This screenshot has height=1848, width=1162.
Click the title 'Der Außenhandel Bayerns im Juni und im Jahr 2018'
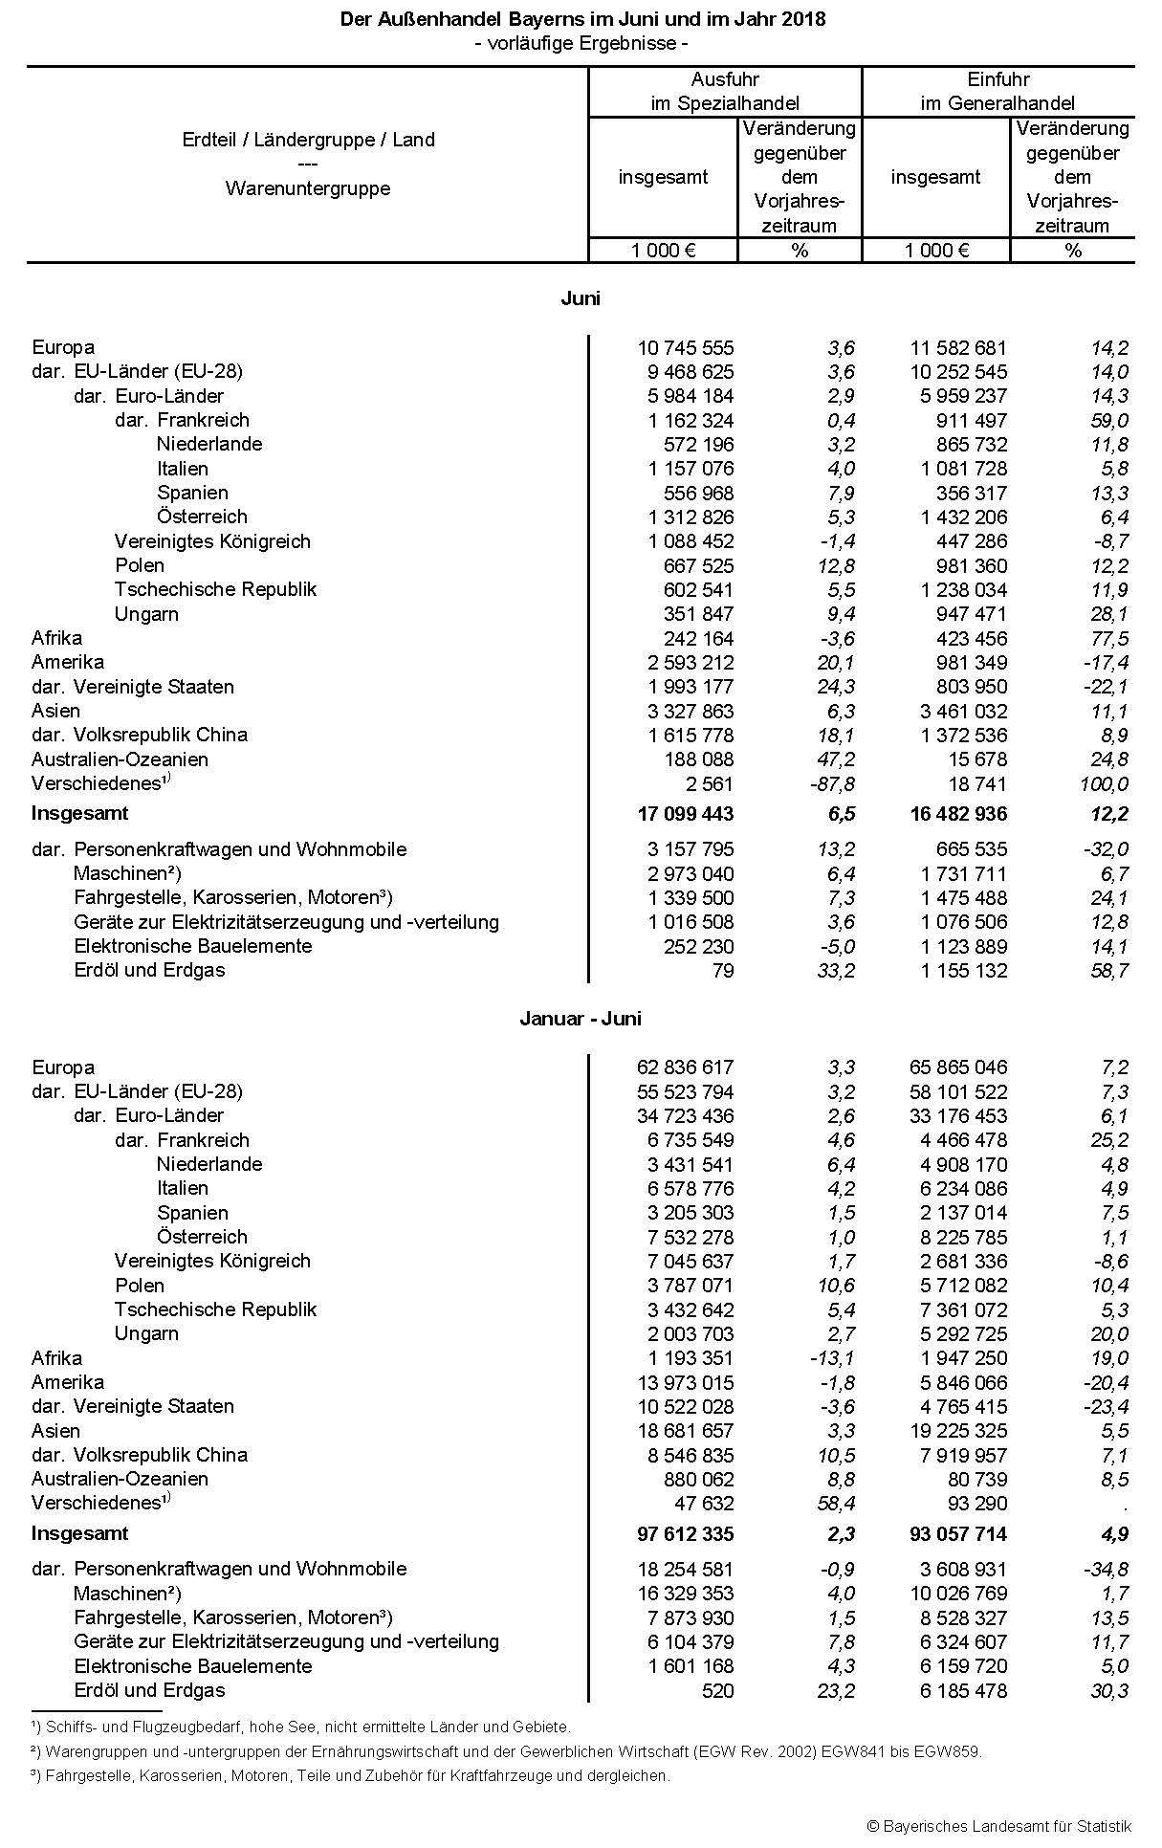[582, 19]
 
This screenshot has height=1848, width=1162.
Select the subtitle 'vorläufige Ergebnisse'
[582, 43]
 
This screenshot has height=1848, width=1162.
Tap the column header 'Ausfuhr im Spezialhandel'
[725, 91]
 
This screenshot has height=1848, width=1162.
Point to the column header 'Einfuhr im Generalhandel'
[998, 91]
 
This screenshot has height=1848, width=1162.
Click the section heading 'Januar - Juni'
[581, 1018]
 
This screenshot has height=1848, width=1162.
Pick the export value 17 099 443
[685, 814]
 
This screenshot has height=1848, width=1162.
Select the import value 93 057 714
[958, 1534]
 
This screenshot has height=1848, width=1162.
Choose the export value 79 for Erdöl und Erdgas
[723, 971]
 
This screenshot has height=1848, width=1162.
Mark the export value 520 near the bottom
[717, 1690]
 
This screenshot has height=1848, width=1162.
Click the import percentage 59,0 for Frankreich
[1108, 421]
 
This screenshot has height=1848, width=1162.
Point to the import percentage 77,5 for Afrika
[1108, 639]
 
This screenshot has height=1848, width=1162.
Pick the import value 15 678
[973, 759]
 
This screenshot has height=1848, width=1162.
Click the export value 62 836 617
[685, 1067]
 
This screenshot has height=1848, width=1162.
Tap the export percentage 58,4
[836, 1504]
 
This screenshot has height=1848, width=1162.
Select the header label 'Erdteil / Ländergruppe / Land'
[308, 140]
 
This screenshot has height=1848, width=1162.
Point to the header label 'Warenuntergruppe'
[308, 188]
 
